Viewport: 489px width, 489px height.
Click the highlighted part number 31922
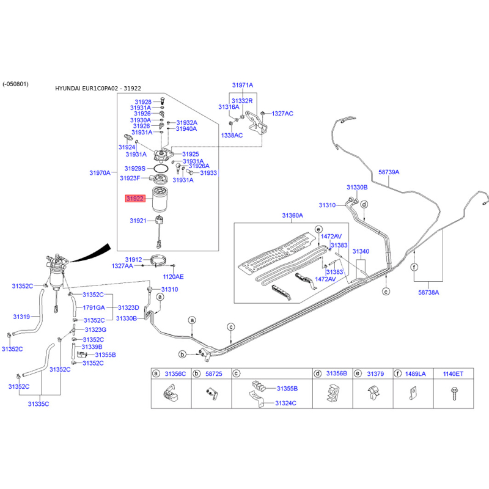click(135, 199)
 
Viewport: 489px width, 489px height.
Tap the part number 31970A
click(100, 173)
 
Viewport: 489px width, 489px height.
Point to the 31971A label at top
click(242, 85)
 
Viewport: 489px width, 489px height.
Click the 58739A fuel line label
click(389, 172)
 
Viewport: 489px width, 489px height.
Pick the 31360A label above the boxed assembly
click(292, 216)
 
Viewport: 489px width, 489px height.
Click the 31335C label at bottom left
click(38, 403)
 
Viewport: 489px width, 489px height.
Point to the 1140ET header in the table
click(452, 373)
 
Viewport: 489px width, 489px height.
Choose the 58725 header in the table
click(214, 373)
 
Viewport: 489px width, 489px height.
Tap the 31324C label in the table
click(285, 403)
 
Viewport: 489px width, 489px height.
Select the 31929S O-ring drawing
click(161, 168)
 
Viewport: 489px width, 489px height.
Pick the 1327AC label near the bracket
click(282, 114)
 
